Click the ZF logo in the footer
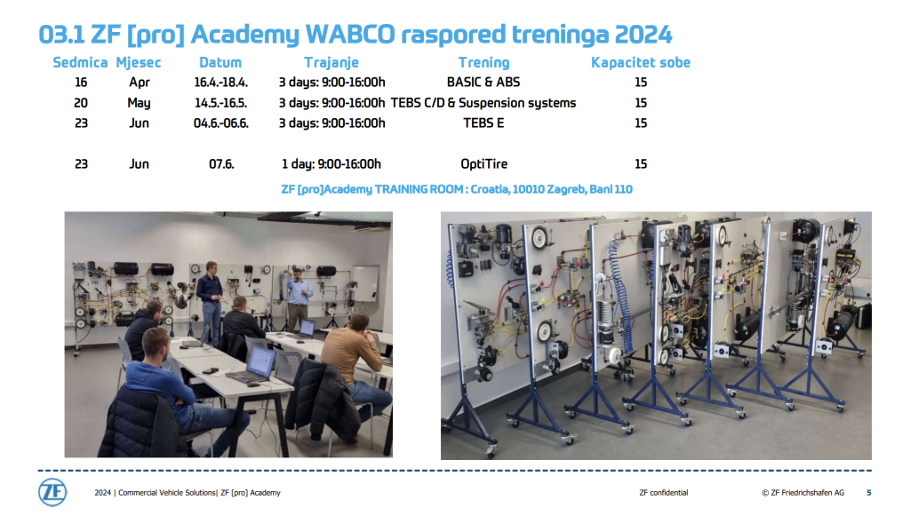pyautogui.click(x=52, y=493)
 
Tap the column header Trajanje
pyautogui.click(x=331, y=63)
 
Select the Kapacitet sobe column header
pyautogui.click(x=641, y=63)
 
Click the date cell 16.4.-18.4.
pyautogui.click(x=220, y=83)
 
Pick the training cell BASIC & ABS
pyautogui.click(x=483, y=83)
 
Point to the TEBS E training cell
pyautogui.click(x=483, y=123)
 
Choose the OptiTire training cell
pyautogui.click(x=484, y=164)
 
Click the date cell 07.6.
pyautogui.click(x=221, y=164)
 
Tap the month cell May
pyautogui.click(x=139, y=103)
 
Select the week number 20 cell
pyautogui.click(x=81, y=103)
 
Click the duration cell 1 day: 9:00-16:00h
pyautogui.click(x=331, y=164)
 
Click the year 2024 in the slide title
pyautogui.click(x=643, y=35)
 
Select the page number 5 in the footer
pyautogui.click(x=869, y=493)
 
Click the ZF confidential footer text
pyautogui.click(x=663, y=493)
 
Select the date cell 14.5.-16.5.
pyautogui.click(x=220, y=103)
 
